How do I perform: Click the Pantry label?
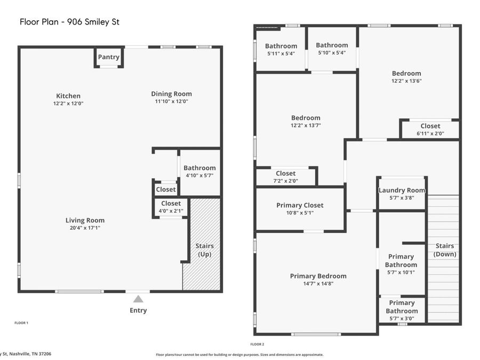click(109, 57)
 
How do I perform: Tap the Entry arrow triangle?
click(138, 299)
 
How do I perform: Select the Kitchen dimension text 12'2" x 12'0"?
click(68, 103)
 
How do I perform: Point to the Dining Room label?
click(171, 94)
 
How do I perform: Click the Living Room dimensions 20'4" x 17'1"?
click(85, 228)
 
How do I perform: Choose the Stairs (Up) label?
click(204, 250)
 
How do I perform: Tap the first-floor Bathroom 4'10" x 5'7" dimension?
click(199, 175)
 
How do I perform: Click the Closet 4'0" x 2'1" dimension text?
click(171, 211)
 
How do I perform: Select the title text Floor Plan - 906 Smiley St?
click(69, 22)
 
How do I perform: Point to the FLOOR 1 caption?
click(21, 323)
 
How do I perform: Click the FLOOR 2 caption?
click(257, 344)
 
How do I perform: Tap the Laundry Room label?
click(402, 190)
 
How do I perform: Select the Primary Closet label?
click(300, 205)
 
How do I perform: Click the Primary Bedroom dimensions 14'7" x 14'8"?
click(318, 284)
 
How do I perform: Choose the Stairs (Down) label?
click(445, 250)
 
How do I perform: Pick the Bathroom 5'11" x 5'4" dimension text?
click(281, 53)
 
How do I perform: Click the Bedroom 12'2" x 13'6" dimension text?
click(406, 81)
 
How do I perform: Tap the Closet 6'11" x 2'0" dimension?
click(430, 133)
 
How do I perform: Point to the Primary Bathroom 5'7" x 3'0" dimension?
click(402, 318)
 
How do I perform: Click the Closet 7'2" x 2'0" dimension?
click(286, 181)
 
